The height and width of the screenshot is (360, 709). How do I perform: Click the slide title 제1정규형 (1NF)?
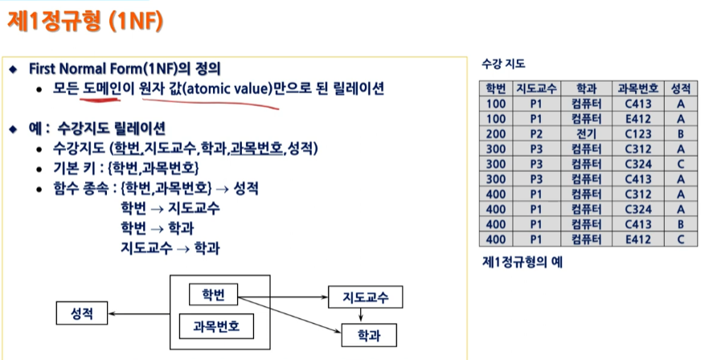87,22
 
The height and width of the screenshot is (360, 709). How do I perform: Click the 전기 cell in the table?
584,133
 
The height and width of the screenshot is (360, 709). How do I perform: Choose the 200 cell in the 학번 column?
495,133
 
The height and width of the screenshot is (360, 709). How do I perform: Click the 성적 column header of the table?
682,88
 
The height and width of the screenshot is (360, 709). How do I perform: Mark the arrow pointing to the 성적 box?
140,313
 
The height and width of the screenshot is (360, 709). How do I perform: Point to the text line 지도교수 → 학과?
170,247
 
